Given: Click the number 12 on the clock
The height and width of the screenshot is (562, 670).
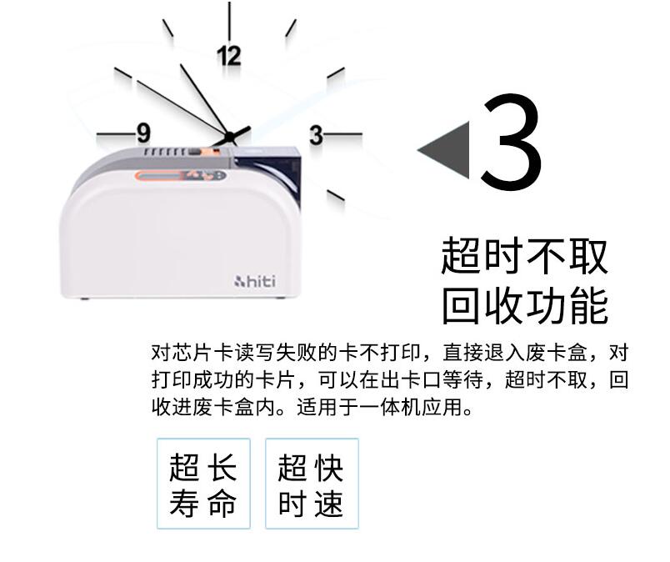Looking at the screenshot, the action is (228, 56).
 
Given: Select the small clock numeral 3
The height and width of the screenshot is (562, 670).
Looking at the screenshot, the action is (316, 135).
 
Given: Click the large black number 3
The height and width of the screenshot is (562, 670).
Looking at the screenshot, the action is (511, 141).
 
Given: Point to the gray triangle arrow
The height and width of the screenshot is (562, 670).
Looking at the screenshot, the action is (447, 150).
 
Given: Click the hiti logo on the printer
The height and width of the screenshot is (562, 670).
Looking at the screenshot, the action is (255, 282).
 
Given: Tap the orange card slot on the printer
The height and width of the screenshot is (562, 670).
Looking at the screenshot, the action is (180, 175).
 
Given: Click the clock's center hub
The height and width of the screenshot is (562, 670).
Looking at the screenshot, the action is (229, 137).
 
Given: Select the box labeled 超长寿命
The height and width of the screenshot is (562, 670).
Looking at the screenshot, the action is (203, 484).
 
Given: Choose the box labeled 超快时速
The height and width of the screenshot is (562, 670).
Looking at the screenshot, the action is (312, 484).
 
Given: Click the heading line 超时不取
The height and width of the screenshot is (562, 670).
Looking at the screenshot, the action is (524, 255).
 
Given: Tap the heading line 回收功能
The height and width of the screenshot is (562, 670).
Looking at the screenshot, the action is (524, 305).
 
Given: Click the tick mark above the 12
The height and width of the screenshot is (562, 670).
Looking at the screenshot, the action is (229, 22).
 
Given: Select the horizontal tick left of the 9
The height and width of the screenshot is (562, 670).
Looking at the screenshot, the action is (116, 134).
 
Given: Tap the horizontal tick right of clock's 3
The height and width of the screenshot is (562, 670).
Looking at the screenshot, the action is (343, 134).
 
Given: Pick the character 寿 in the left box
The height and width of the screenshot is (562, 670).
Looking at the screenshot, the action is (185, 503).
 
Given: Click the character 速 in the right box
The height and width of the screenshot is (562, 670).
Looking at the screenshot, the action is (329, 503).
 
